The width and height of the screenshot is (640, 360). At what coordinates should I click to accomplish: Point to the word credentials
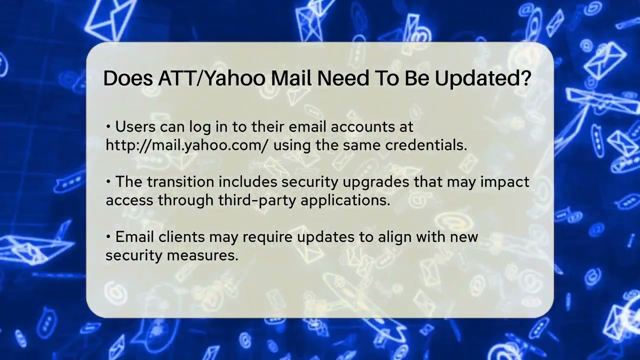tap(426, 145)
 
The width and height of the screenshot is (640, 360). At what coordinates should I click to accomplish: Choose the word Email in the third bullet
tap(134, 237)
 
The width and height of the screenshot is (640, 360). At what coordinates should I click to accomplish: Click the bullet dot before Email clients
tap(108, 237)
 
